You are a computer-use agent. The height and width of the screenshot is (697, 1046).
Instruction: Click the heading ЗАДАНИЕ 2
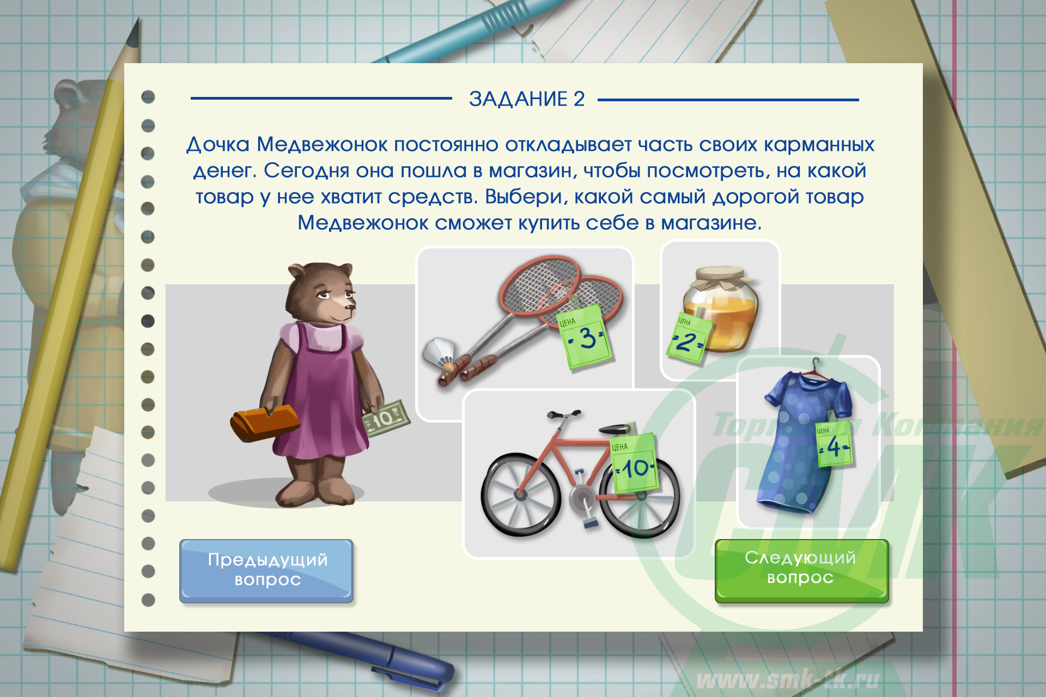[x=527, y=99]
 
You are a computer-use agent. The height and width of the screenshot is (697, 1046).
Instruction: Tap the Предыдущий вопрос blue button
[x=267, y=571]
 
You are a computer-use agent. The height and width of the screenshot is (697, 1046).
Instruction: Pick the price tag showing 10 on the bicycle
[x=635, y=464]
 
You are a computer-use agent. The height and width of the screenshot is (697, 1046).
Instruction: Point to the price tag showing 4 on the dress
[x=834, y=444]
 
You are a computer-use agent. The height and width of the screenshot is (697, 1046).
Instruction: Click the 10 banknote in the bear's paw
[x=386, y=418]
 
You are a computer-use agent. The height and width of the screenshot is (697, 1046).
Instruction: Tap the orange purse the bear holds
[x=264, y=422]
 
